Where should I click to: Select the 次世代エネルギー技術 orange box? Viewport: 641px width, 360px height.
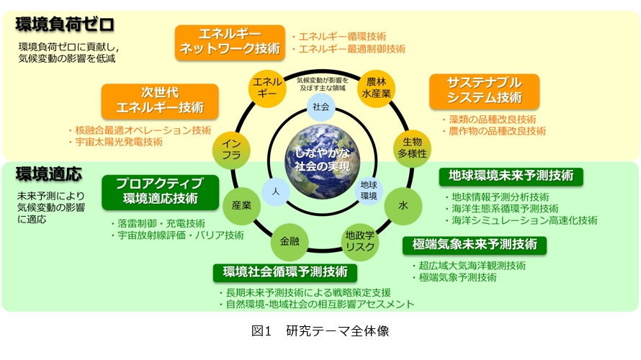click(x=160, y=101)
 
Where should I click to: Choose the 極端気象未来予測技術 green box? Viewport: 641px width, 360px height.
click(x=474, y=244)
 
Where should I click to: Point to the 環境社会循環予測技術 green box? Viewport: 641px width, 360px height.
click(x=285, y=272)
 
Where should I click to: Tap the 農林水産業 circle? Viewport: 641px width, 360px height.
click(x=377, y=89)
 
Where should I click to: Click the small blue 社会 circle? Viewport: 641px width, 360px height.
click(x=321, y=107)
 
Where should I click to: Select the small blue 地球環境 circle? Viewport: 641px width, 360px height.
click(x=368, y=190)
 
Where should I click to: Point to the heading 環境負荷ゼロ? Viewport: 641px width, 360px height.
click(x=65, y=24)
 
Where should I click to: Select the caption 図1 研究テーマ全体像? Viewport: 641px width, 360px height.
click(x=320, y=331)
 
